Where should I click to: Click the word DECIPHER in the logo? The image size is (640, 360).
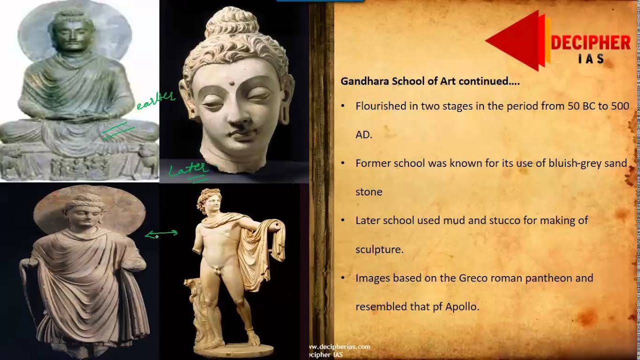[x=590, y=43]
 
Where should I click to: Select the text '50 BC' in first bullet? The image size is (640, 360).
[x=581, y=106]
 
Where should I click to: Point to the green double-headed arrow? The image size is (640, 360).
[x=161, y=233]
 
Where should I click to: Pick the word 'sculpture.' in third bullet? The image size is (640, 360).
[x=379, y=249]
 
